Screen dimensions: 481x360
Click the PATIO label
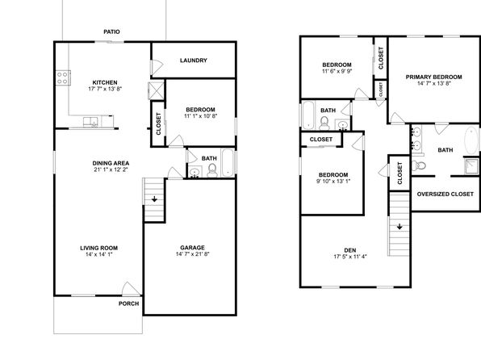pyautogui.click(x=111, y=31)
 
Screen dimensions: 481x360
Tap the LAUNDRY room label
pyautogui.click(x=193, y=61)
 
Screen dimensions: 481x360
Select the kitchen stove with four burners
pyautogui.click(x=63, y=77)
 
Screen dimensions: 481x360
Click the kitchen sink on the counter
pyautogui.click(x=90, y=122)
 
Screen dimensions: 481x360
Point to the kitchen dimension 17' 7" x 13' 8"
pyautogui.click(x=105, y=89)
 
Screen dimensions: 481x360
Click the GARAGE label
pyautogui.click(x=192, y=247)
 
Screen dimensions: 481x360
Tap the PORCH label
pyautogui.click(x=129, y=303)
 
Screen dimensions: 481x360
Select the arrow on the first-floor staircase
pyautogui.click(x=154, y=199)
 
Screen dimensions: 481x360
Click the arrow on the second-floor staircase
pyautogui.click(x=399, y=227)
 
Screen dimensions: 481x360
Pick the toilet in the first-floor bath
pyautogui.click(x=212, y=170)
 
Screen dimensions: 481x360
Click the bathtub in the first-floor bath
pyautogui.click(x=228, y=162)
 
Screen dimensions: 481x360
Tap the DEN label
pyautogui.click(x=350, y=250)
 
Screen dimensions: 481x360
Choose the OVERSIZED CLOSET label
pyautogui.click(x=445, y=194)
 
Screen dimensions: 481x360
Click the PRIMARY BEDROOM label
pyautogui.click(x=433, y=77)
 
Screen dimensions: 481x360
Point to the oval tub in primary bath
pyautogui.click(x=472, y=140)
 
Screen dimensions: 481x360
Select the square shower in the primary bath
pyautogui.click(x=471, y=166)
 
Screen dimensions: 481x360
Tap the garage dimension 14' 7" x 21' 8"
pyautogui.click(x=192, y=253)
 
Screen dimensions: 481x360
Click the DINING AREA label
pyautogui.click(x=111, y=163)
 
